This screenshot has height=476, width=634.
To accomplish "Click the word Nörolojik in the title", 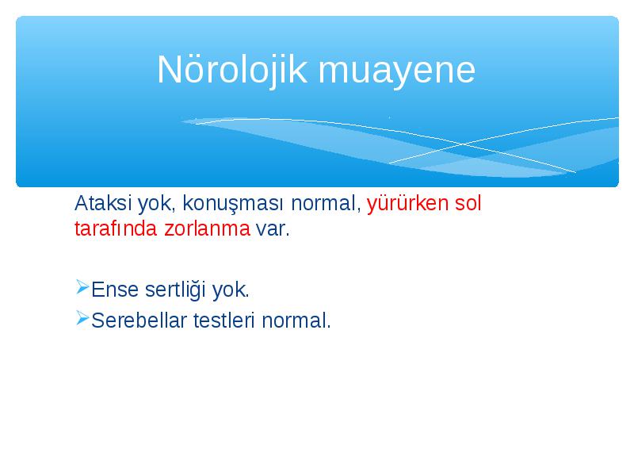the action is pyautogui.click(x=232, y=71).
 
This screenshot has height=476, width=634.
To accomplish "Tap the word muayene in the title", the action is pyautogui.click(x=397, y=71).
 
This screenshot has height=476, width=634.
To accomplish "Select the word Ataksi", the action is pyautogui.click(x=103, y=203).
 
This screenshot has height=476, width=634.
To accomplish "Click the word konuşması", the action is pyautogui.click(x=232, y=204).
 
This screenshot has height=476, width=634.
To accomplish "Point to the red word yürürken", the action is pyautogui.click(x=407, y=203).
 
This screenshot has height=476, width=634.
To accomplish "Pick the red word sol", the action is pyautogui.click(x=468, y=203).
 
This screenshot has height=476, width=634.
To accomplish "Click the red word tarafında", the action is pyautogui.click(x=116, y=228).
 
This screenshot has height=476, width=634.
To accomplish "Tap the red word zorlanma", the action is pyautogui.click(x=208, y=228).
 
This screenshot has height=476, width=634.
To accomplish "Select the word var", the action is pyautogui.click(x=273, y=230).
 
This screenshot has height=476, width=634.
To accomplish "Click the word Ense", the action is pyautogui.click(x=115, y=290).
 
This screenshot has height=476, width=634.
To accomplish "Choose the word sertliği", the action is pyautogui.click(x=175, y=290).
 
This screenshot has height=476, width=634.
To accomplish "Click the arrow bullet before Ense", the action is pyautogui.click(x=82, y=287).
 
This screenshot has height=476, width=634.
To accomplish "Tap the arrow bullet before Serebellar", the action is pyautogui.click(x=82, y=318).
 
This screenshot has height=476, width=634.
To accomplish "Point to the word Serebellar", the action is pyautogui.click(x=139, y=321).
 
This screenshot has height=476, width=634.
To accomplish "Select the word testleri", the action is pyautogui.click(x=224, y=321).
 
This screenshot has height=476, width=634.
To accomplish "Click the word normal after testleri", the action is pyautogui.click(x=296, y=321).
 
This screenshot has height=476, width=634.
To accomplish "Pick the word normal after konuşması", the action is pyautogui.click(x=326, y=203).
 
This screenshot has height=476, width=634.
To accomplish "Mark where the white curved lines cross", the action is pyautogui.click(x=464, y=144).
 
